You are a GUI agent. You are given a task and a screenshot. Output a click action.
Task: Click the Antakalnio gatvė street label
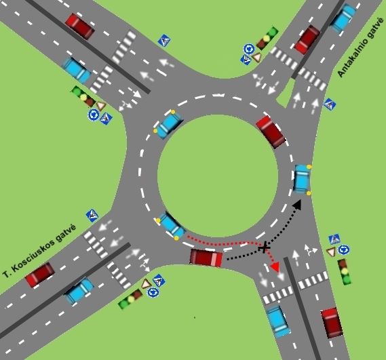(360, 47)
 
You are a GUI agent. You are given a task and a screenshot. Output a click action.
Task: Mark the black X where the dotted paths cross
(265, 247)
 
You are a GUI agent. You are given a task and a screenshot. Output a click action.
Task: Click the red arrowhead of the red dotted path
(275, 267)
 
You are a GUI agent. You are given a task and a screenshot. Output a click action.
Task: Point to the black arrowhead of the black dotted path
(297, 205)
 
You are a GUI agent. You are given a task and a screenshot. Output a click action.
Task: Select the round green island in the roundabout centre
(218, 176)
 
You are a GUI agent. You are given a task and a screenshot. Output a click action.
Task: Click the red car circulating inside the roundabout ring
(271, 132)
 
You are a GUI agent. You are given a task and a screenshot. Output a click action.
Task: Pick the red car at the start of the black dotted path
(206, 258)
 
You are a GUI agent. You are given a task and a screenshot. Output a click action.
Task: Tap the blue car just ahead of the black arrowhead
(302, 179)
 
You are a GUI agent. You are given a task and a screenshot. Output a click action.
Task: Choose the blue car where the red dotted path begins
(172, 226)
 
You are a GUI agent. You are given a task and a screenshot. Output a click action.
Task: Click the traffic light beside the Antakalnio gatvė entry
(267, 38)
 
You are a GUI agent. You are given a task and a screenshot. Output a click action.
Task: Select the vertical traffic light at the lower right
(345, 272)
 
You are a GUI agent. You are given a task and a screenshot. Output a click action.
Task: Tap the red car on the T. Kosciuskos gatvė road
(40, 275)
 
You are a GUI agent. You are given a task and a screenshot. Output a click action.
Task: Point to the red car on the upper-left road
(80, 26)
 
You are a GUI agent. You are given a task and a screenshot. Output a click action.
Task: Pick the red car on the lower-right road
(332, 323)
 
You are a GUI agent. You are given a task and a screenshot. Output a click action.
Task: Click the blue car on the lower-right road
(278, 321)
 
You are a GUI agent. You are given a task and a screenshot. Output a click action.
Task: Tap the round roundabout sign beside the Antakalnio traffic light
(249, 49)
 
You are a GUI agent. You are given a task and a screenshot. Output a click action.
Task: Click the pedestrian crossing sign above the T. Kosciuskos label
(92, 216)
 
